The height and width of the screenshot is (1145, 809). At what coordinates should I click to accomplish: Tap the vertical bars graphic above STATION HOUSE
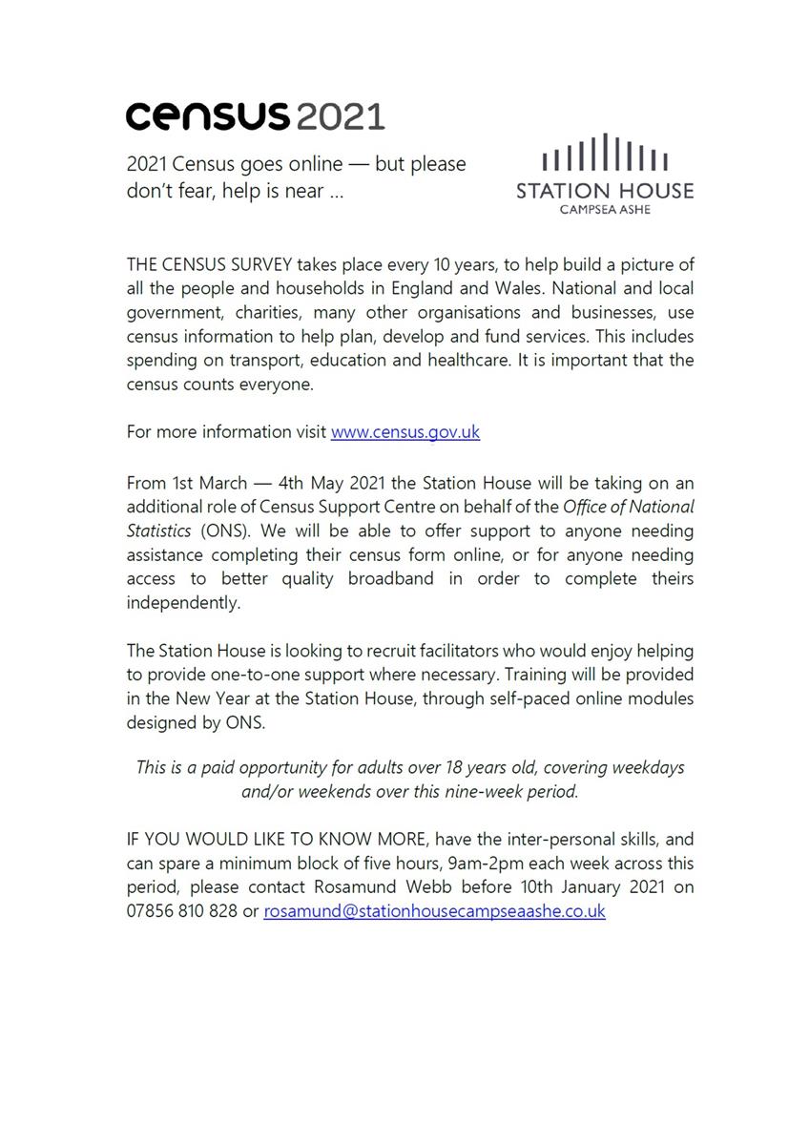tap(605, 153)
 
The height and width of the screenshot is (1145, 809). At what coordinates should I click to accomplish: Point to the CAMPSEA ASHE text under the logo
tap(605, 210)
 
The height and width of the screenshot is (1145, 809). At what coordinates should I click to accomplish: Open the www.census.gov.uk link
tap(404, 431)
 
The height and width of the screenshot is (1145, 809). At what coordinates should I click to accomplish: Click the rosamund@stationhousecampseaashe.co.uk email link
tap(434, 910)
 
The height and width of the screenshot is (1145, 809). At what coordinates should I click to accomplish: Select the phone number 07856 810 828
tap(181, 910)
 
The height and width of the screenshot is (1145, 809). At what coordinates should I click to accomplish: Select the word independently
tap(183, 602)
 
